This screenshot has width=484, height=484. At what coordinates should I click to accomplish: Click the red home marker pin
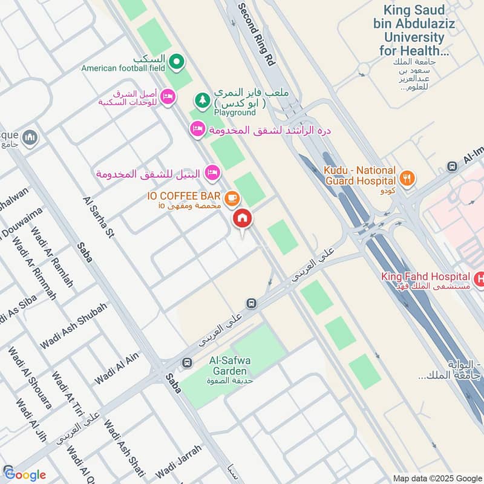(243, 219)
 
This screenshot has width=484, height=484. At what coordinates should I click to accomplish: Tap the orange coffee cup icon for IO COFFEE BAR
(231, 198)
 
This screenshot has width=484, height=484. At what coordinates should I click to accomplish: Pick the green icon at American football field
(176, 60)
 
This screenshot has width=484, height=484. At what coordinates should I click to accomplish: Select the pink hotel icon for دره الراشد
(197, 128)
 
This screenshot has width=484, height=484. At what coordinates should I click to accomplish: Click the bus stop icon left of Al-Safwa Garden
(187, 362)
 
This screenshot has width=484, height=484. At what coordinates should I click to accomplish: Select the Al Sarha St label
(99, 215)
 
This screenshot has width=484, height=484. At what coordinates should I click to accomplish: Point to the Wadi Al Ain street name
(117, 368)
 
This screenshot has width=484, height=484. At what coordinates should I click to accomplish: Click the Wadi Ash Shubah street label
(73, 325)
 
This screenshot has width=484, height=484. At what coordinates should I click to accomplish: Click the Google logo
(25, 474)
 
